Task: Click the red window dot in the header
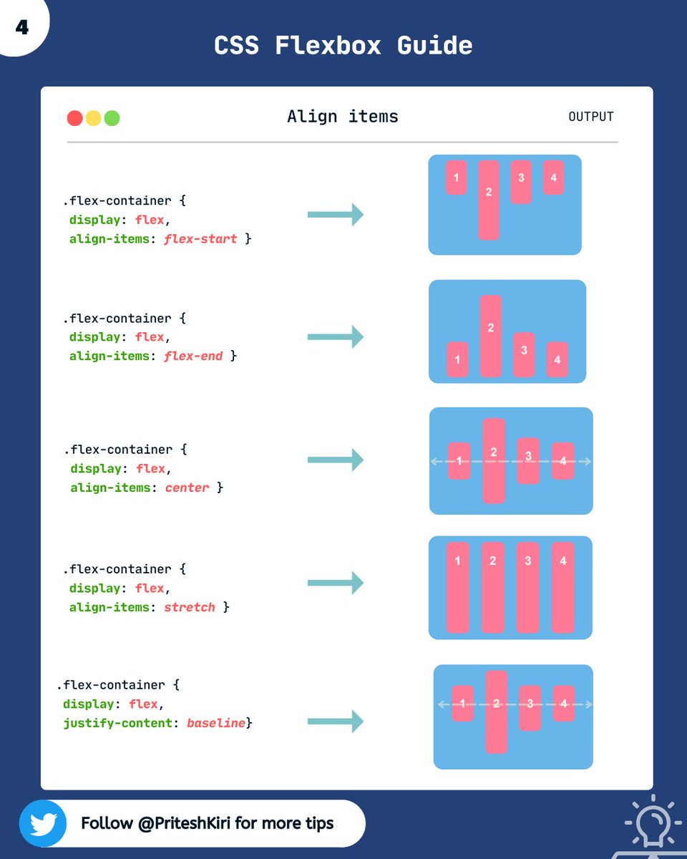click(x=74, y=118)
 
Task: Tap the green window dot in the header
click(x=112, y=118)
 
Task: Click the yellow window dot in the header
click(x=93, y=118)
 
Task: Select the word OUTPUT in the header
click(x=590, y=117)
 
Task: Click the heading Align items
click(x=342, y=117)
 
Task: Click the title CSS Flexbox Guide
click(x=343, y=46)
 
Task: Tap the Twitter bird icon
click(x=43, y=823)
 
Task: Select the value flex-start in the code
click(x=200, y=238)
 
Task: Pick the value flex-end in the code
click(x=193, y=356)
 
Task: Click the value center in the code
click(x=187, y=487)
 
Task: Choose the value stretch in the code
click(x=190, y=607)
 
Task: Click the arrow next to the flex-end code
click(x=336, y=336)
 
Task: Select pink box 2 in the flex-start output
click(x=489, y=200)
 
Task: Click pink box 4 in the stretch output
click(x=563, y=588)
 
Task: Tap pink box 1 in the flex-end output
click(x=457, y=359)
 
